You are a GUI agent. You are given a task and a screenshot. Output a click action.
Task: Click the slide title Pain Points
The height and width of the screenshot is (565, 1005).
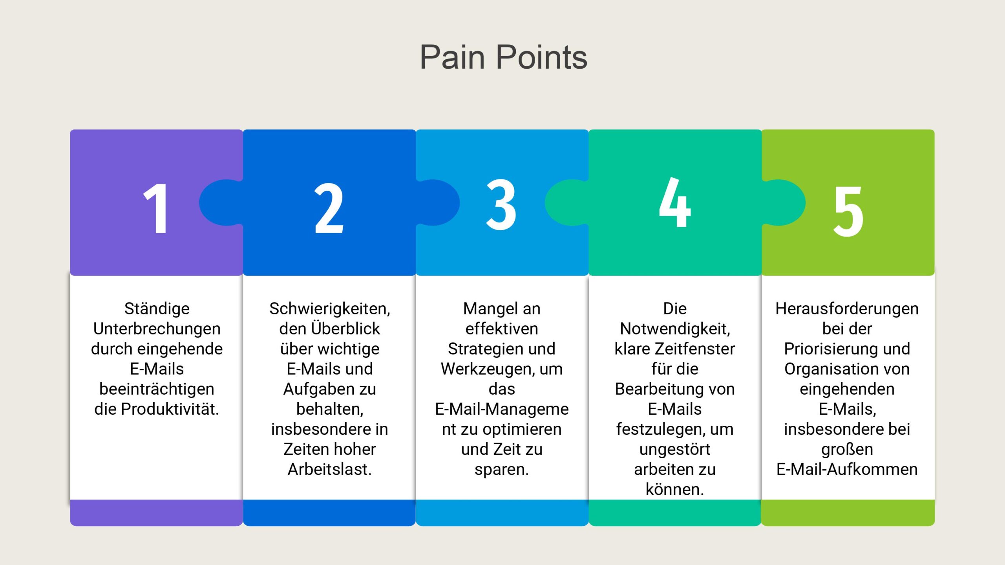[x=503, y=57]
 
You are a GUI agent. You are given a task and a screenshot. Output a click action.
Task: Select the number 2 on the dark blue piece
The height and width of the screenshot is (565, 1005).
[x=329, y=208]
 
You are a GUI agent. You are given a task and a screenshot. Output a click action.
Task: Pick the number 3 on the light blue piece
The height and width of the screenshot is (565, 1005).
[x=501, y=204]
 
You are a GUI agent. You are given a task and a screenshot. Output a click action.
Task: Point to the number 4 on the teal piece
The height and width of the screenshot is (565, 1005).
[x=674, y=202]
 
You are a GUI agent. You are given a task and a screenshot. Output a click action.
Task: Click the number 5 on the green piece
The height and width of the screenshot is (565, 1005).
[x=848, y=211]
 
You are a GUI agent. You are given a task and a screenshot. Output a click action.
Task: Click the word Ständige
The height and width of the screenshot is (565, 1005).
[x=157, y=309]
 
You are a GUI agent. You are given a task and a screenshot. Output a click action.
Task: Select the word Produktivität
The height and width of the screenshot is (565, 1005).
[x=170, y=409]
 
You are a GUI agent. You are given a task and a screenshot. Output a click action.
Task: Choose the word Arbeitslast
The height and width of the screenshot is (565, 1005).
[x=330, y=469]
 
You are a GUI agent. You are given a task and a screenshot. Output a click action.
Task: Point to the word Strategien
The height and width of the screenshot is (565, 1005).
[x=481, y=349]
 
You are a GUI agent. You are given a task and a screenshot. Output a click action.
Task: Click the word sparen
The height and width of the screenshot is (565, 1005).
[x=502, y=470]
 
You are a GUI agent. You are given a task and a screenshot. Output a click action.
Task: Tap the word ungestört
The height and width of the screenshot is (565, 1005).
[x=675, y=450]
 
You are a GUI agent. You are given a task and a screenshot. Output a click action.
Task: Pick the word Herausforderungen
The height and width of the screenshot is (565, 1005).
[x=847, y=309]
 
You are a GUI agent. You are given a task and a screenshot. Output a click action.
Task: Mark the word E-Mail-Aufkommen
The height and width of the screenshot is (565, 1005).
[x=847, y=469]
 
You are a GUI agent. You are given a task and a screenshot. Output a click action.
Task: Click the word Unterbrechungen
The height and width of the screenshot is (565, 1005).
[x=157, y=329]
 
